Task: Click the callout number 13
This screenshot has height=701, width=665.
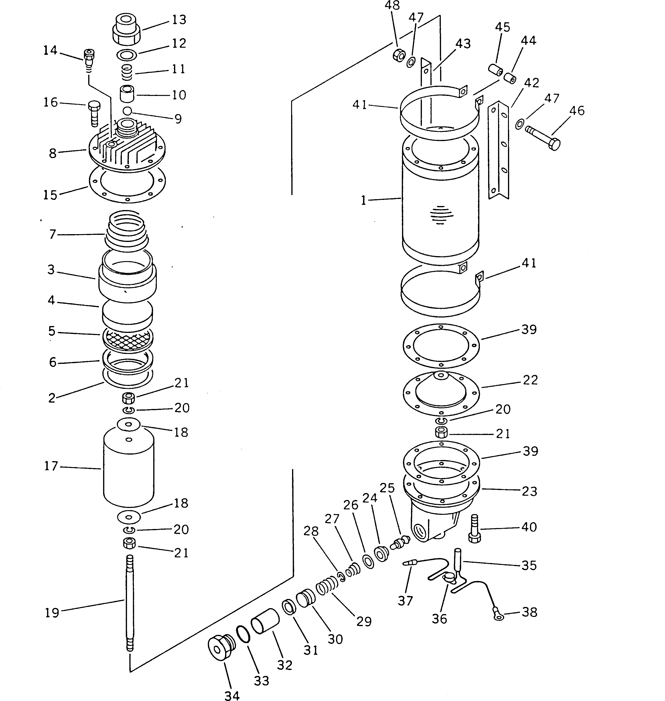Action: click(x=179, y=20)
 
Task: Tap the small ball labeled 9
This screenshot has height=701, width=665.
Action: click(x=127, y=111)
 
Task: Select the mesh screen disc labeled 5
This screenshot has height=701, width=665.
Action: click(x=128, y=339)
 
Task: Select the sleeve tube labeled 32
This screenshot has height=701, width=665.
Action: click(x=265, y=621)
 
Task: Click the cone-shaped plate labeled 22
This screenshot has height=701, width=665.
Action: click(x=441, y=391)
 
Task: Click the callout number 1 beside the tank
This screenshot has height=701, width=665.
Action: click(x=363, y=201)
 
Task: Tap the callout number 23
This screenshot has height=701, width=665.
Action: click(x=529, y=491)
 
